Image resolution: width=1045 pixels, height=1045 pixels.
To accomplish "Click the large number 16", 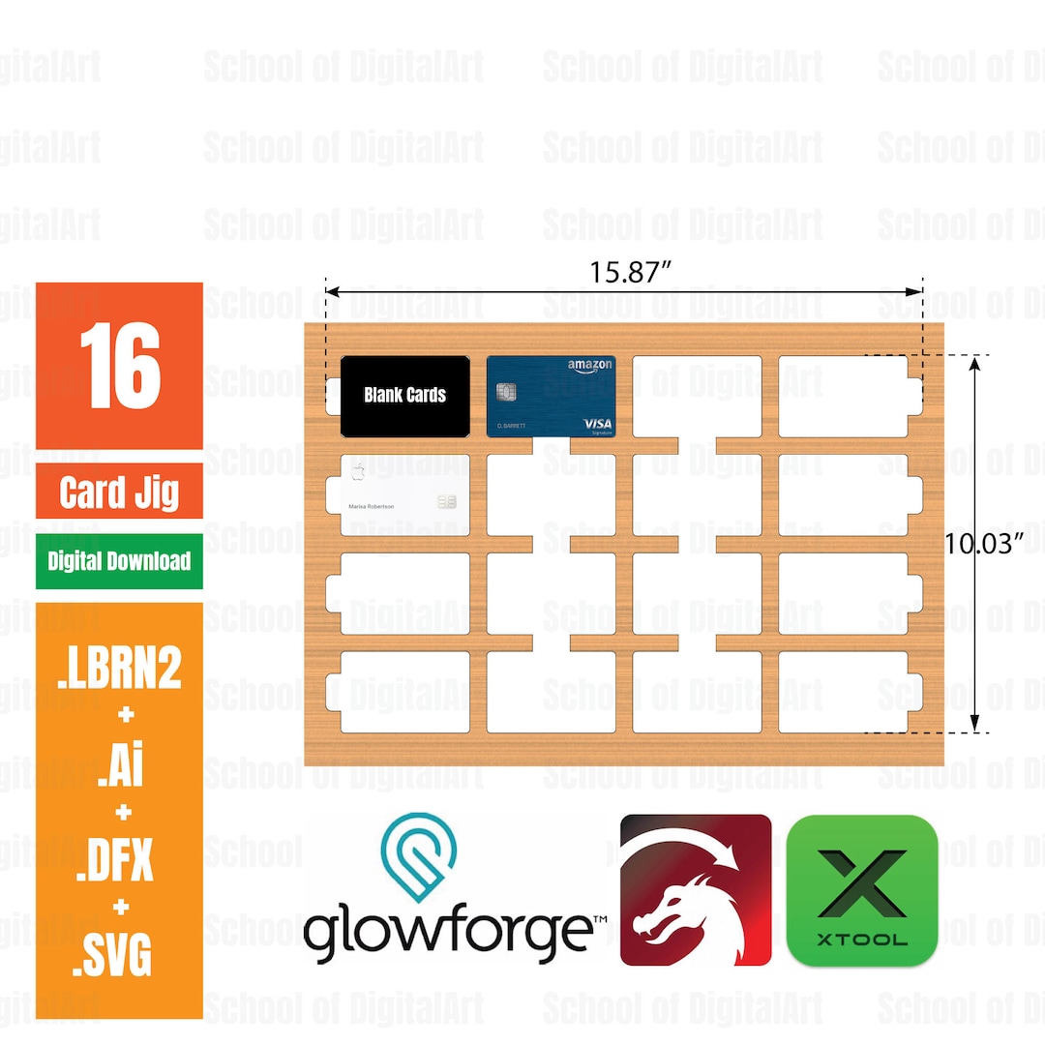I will pyautogui.click(x=119, y=367).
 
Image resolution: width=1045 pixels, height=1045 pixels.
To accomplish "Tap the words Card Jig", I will pyautogui.click(x=119, y=493).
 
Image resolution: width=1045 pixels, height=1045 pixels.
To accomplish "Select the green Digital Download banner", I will pyautogui.click(x=119, y=561).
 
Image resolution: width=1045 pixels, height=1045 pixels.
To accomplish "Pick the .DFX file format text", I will pyautogui.click(x=119, y=860).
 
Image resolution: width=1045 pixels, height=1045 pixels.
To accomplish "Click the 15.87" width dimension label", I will pyautogui.click(x=631, y=272).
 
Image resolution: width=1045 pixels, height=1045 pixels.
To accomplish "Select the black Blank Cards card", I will pyautogui.click(x=404, y=395).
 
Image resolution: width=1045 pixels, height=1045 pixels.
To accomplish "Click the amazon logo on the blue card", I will pyautogui.click(x=589, y=366).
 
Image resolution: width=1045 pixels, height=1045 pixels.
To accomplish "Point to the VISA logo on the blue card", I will pyautogui.click(x=598, y=424).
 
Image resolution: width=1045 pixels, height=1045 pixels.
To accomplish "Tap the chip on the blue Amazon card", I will pyautogui.click(x=506, y=392).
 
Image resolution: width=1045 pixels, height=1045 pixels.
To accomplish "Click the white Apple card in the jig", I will pyautogui.click(x=404, y=494).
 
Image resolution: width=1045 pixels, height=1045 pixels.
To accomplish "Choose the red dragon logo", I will pyautogui.click(x=696, y=890).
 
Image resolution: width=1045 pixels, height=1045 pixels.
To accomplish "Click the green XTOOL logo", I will pyautogui.click(x=862, y=890).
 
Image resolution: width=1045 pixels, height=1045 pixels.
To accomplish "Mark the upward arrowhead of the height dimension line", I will pyautogui.click(x=975, y=363).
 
